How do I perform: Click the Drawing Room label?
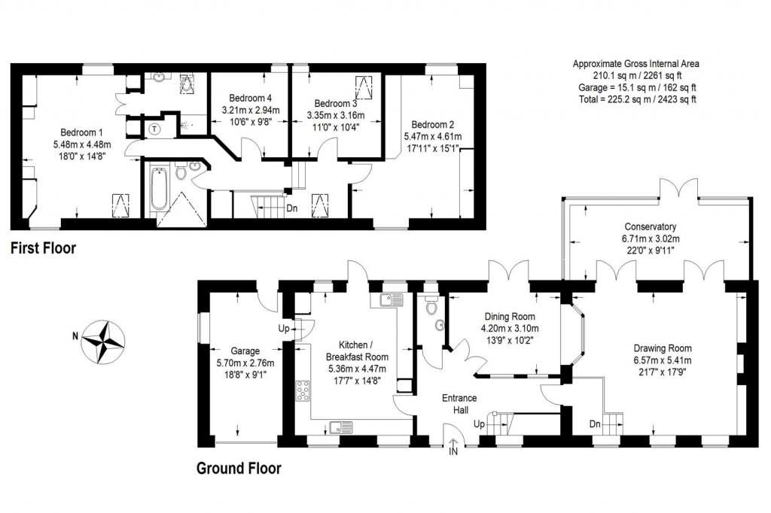662,348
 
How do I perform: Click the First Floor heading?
43,248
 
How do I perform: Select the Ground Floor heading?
239,469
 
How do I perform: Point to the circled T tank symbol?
155,129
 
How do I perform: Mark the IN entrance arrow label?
453,451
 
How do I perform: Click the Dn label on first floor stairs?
291,208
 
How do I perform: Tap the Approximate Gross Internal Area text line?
635,64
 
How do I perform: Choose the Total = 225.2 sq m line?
635,99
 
